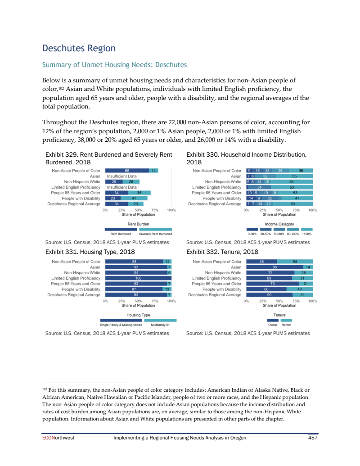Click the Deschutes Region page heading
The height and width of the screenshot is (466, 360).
coord(79,48)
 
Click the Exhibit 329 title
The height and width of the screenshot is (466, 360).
coord(109,158)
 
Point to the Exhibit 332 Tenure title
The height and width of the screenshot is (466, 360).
coord(222,252)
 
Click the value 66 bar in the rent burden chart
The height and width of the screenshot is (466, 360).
coord(127,171)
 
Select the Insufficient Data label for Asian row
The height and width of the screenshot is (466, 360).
coord(121,176)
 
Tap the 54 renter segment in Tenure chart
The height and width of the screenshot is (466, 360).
coord(295,262)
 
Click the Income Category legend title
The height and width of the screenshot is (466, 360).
coord(279,224)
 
